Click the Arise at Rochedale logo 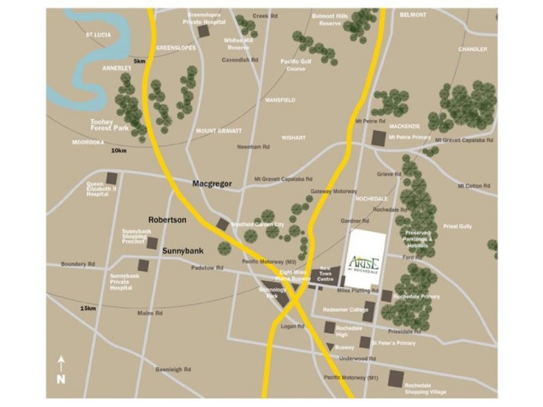point(367,262)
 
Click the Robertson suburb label point(168,220)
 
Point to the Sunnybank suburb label point(183,250)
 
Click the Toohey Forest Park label point(109,125)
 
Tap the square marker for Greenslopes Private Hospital point(204,31)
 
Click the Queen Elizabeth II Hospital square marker point(112,178)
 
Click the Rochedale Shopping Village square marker point(394,379)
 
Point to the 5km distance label point(139,62)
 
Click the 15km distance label point(88,309)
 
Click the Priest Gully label point(457,226)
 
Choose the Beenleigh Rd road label point(174,369)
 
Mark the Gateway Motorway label point(333,192)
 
